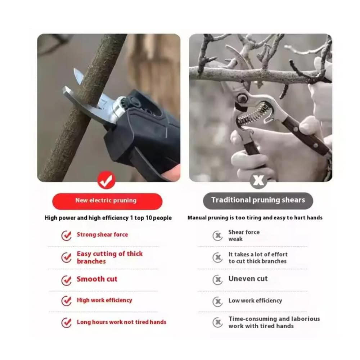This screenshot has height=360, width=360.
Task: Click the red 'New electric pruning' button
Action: (x=107, y=201)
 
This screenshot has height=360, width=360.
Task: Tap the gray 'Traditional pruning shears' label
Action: (x=258, y=201)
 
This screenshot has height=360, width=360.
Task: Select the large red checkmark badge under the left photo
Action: (x=106, y=180)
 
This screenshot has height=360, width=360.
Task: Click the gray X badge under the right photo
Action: (x=258, y=180)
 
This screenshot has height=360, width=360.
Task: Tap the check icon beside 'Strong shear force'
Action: (x=66, y=235)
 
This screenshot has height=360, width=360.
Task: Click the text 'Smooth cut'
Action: (x=97, y=279)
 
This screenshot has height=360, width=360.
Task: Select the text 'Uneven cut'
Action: (x=248, y=279)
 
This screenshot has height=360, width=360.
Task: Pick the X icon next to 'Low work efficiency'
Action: (x=217, y=301)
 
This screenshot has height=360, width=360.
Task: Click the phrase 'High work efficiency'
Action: (x=104, y=300)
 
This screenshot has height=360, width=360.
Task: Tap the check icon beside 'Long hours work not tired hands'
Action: (x=66, y=323)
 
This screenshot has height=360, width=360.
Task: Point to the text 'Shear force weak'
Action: (x=244, y=235)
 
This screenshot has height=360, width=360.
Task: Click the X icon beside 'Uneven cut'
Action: (x=217, y=279)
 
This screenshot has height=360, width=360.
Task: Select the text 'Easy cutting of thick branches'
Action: (x=110, y=258)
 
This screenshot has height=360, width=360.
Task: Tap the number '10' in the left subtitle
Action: (x=149, y=218)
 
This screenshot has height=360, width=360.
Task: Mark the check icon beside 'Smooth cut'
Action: (x=66, y=280)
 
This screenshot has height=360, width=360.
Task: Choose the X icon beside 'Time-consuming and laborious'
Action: (x=217, y=322)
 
